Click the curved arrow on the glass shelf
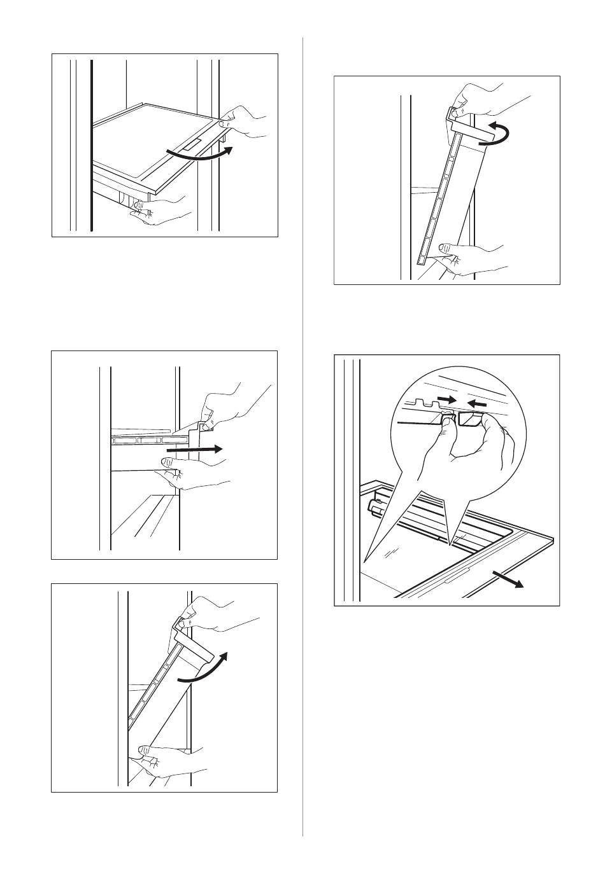coord(197,155)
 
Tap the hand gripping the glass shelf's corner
coord(245,122)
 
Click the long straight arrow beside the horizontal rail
coord(194,449)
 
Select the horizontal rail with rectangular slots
coord(150,440)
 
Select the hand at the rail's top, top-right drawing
coord(484,102)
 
